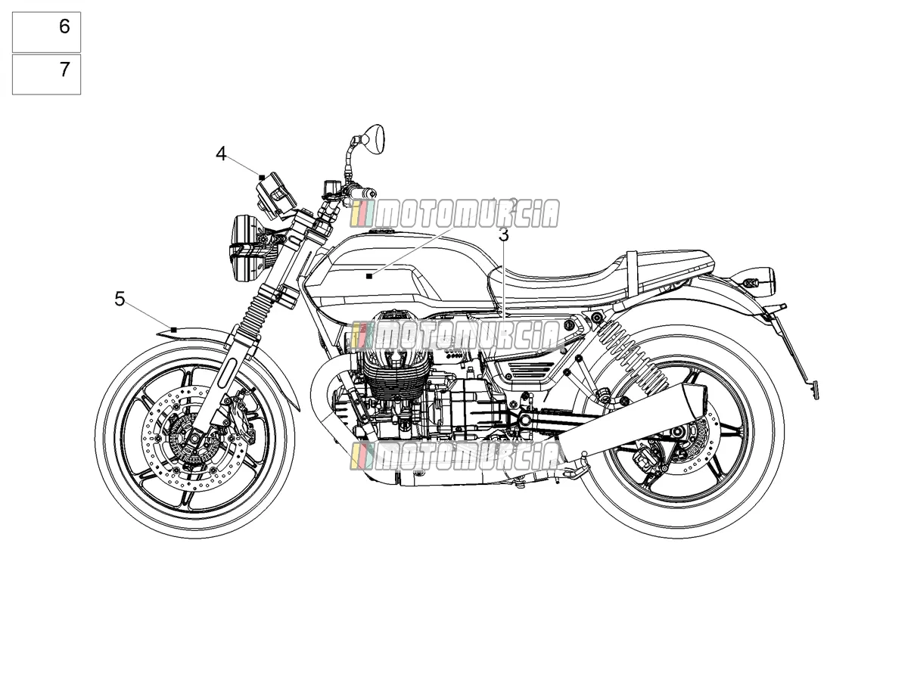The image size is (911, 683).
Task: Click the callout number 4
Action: pyautogui.click(x=221, y=154)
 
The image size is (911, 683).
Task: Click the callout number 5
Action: pyautogui.click(x=120, y=299)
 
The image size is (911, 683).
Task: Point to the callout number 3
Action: pyautogui.click(x=503, y=235)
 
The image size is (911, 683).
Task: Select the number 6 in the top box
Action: pyautogui.click(x=64, y=26)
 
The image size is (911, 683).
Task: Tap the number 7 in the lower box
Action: pyautogui.click(x=64, y=70)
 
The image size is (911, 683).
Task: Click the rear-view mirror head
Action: pyautogui.click(x=372, y=140)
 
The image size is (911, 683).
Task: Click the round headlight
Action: pyautogui.click(x=247, y=247)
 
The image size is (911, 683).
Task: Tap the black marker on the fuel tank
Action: pyautogui.click(x=369, y=276)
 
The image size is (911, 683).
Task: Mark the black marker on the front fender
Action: pyautogui.click(x=174, y=330)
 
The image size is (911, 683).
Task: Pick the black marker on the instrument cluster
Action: pyautogui.click(x=262, y=178)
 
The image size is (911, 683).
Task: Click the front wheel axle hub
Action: pyautogui.click(x=194, y=438)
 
